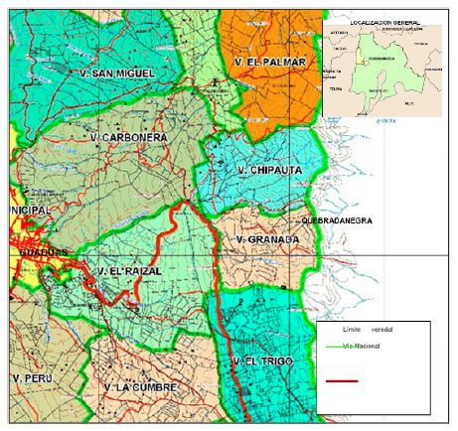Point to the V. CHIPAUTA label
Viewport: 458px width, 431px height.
(x=270, y=171)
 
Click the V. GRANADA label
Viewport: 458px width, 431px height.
(x=261, y=239)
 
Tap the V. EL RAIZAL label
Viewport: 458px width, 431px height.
(x=123, y=269)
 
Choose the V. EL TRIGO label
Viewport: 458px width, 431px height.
(x=261, y=360)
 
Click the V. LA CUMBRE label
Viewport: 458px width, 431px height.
(x=140, y=386)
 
